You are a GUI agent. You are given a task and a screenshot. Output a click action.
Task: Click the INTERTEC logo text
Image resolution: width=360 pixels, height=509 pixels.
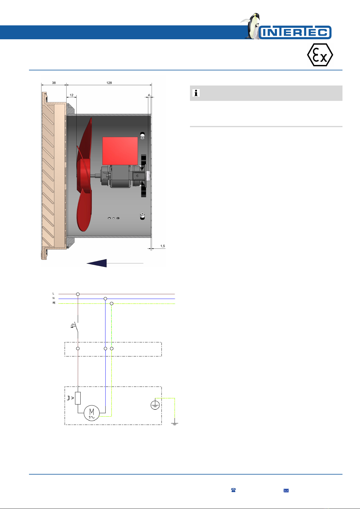click(295, 32)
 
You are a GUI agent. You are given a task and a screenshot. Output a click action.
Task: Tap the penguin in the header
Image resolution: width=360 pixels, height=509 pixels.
click(252, 26)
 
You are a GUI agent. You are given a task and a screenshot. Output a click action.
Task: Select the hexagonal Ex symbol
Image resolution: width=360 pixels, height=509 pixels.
click(320, 55)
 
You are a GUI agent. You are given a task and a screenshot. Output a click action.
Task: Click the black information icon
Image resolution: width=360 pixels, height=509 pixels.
click(196, 93)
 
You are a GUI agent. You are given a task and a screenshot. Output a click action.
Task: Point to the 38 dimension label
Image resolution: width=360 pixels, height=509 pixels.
click(54, 83)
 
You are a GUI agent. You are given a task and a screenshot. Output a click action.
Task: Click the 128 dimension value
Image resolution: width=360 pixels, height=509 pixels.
click(109, 83)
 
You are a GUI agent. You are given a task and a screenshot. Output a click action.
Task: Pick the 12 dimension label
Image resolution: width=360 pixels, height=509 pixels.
click(72, 95)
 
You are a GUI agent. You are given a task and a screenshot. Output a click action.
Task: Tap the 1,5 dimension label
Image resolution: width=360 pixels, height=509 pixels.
click(162, 246)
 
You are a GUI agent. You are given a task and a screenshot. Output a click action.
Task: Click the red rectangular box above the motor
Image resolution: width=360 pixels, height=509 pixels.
click(120, 151)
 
